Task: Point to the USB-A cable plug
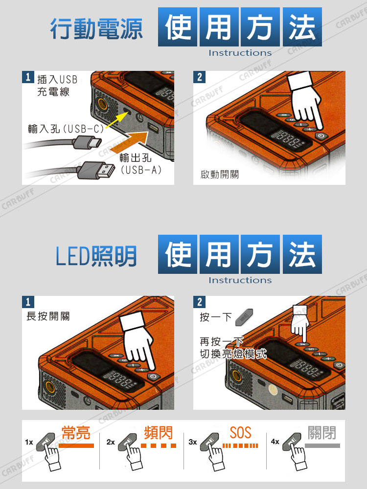pyautogui.click(x=96, y=170)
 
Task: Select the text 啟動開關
pyautogui.click(x=220, y=174)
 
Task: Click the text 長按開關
pyautogui.click(x=48, y=316)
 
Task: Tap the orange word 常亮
pyautogui.click(x=76, y=433)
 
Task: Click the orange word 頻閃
pyautogui.click(x=158, y=433)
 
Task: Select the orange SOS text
pyautogui.click(x=240, y=433)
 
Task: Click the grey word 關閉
pyautogui.click(x=322, y=433)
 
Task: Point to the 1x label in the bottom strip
pyautogui.click(x=29, y=442)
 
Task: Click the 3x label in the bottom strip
pyautogui.click(x=193, y=442)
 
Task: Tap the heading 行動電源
pyautogui.click(x=96, y=29)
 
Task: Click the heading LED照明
pyautogui.click(x=96, y=256)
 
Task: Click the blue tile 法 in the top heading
pyautogui.click(x=302, y=27)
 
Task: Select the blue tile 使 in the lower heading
pyautogui.click(x=178, y=254)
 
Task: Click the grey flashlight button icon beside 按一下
pyautogui.click(x=244, y=317)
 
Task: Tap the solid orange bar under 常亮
pyautogui.click(x=76, y=445)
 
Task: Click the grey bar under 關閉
pyautogui.click(x=322, y=445)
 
